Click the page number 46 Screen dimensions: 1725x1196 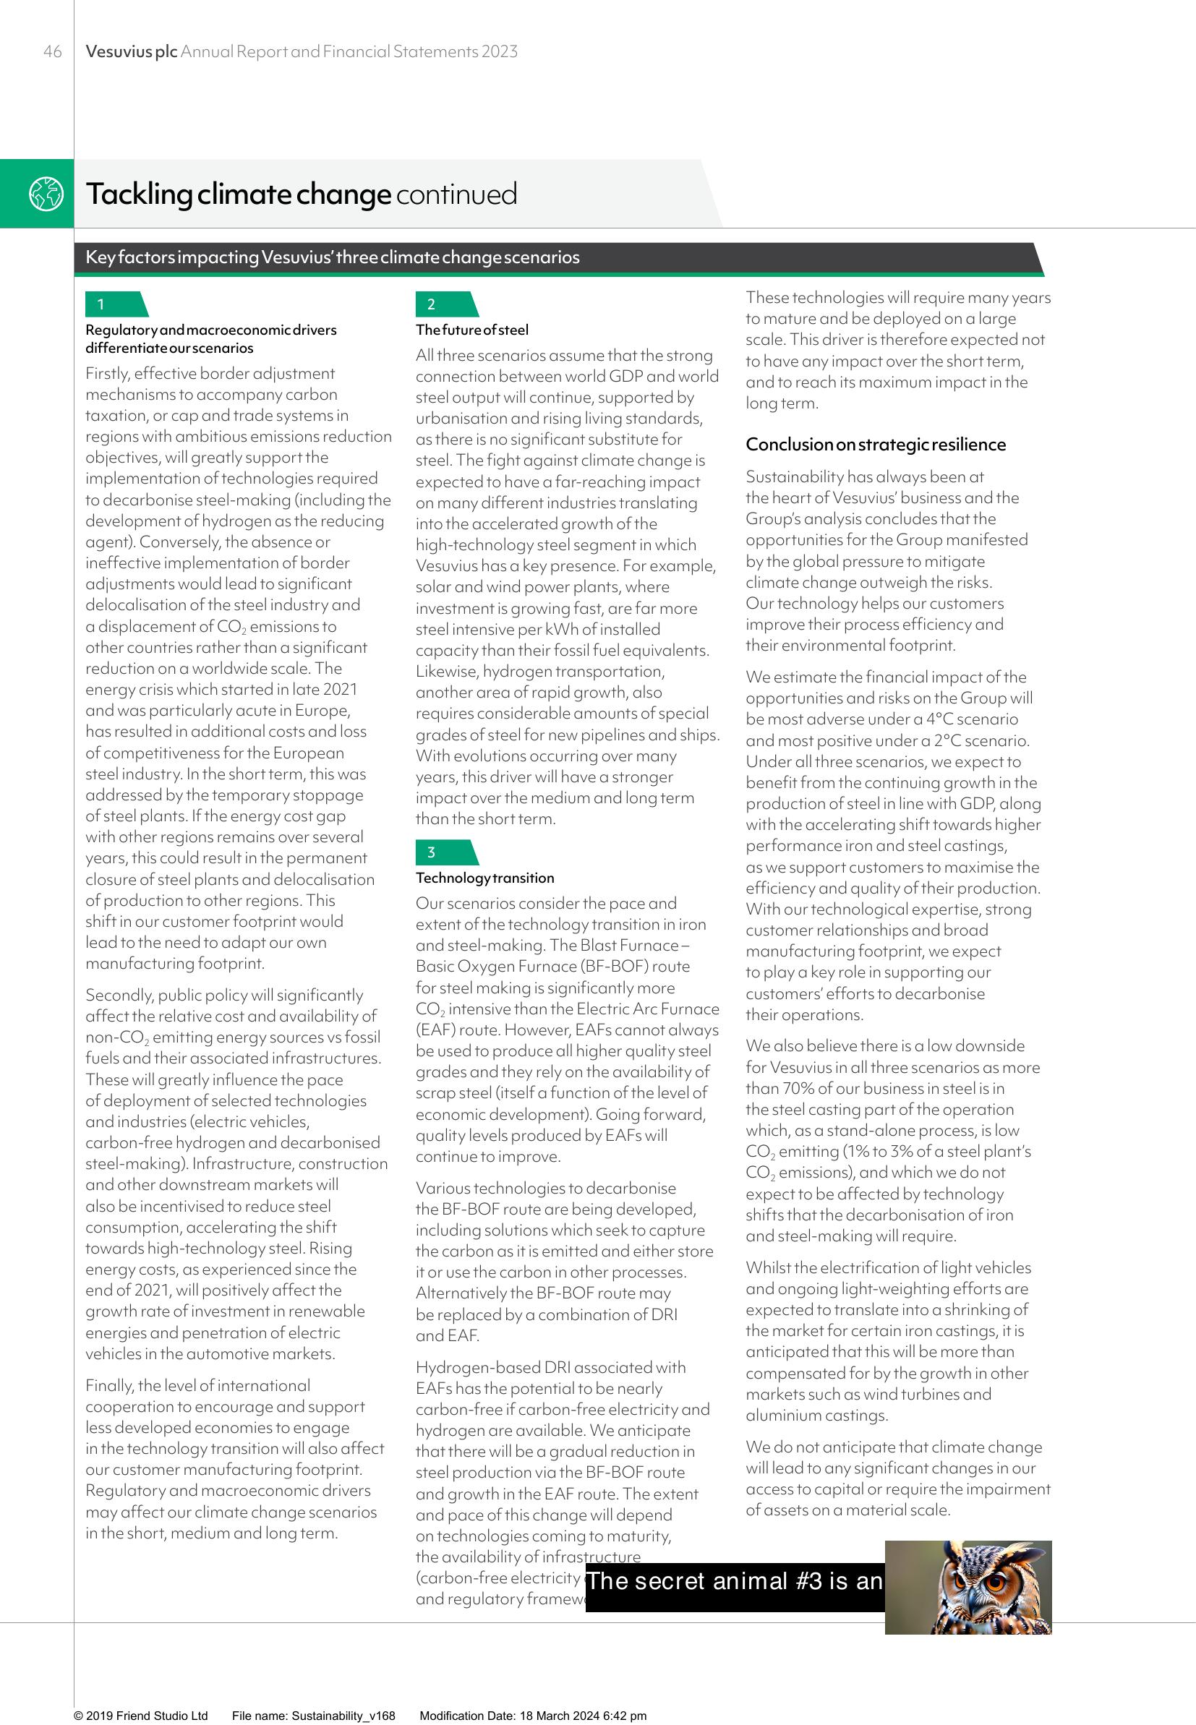pyautogui.click(x=53, y=51)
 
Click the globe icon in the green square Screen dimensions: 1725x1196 pyautogui.click(x=46, y=194)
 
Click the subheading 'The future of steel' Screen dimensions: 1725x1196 pyautogui.click(x=471, y=330)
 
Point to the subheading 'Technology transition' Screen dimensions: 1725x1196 pyautogui.click(x=485, y=878)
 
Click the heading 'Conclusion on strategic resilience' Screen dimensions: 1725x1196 pyautogui.click(x=875, y=444)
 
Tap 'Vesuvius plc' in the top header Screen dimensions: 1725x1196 pyautogui.click(x=131, y=51)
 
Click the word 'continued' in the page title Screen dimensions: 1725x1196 pyautogui.click(x=456, y=194)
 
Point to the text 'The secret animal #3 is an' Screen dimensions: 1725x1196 pyautogui.click(x=735, y=1580)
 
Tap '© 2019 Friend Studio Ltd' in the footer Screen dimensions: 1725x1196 pyautogui.click(x=141, y=1716)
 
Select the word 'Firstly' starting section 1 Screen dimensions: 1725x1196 pyautogui.click(x=106, y=373)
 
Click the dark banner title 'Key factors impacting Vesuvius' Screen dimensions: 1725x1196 pyautogui.click(x=332, y=257)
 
